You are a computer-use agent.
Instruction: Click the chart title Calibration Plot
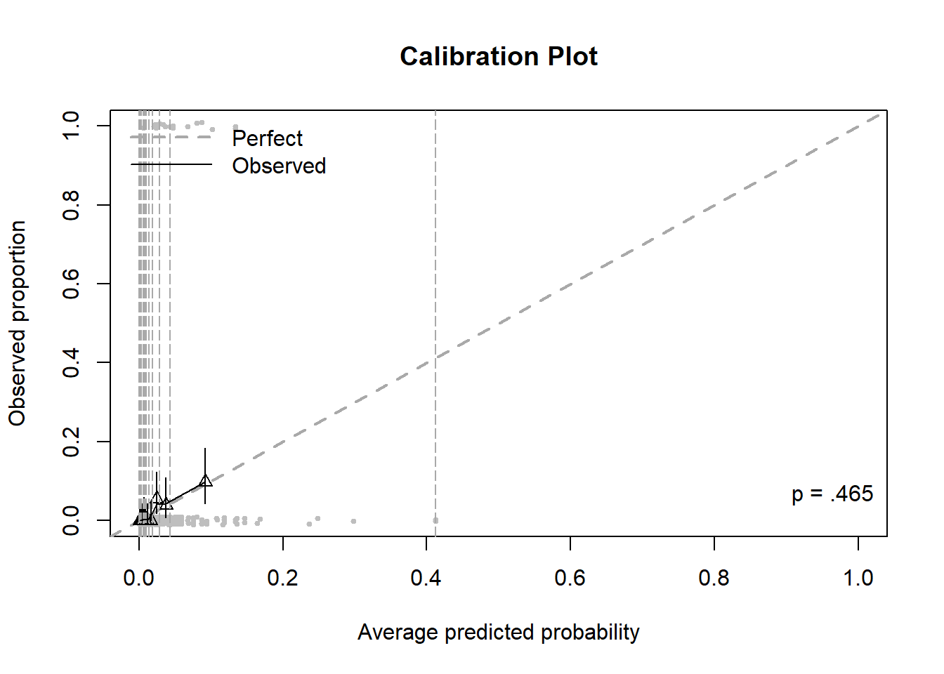coord(499,56)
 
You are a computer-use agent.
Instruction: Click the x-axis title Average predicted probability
coord(499,632)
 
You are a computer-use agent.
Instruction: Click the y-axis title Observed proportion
coord(18,323)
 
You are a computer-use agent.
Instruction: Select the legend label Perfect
coord(267,138)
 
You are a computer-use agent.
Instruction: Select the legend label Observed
coord(279,166)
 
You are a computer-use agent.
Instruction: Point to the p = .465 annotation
coord(832,494)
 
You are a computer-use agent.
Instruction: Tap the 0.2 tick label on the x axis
coord(282,578)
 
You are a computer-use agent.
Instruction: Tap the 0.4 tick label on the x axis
coord(426,578)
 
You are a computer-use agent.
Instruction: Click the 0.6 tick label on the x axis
coord(570,578)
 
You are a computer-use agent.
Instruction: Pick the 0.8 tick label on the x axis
coord(714,578)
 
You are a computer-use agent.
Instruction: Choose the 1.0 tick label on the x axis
coord(858,578)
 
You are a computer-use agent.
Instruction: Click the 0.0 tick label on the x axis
coord(138,578)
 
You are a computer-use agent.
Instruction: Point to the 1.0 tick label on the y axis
coord(71,126)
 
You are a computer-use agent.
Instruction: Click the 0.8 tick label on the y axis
coord(71,204)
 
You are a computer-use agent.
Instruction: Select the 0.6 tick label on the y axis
coord(71,284)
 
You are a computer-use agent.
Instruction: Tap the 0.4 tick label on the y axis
coord(71,362)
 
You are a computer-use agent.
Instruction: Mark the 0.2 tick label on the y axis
coord(71,442)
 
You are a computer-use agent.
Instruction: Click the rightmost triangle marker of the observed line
coord(205,481)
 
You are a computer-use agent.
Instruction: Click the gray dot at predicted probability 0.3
coord(353,521)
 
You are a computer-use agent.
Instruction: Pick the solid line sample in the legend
coord(171,164)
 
